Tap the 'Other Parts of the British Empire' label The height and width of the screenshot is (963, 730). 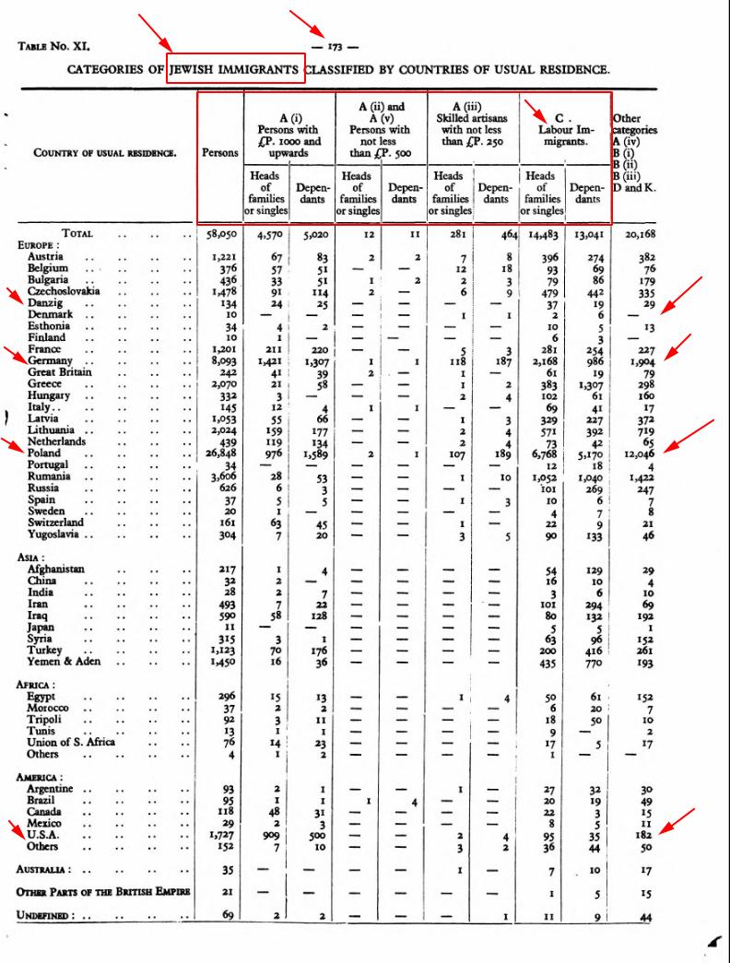point(103,892)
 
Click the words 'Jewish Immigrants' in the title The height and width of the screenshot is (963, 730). point(236,68)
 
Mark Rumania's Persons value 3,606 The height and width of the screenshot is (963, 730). point(222,476)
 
